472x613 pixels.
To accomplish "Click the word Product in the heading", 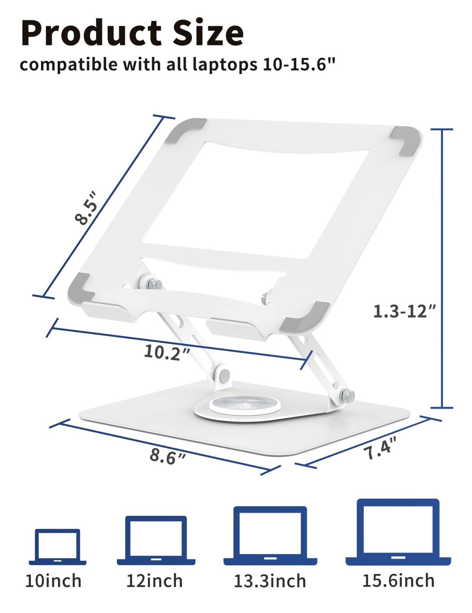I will (x=91, y=34).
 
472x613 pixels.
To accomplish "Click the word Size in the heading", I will (x=208, y=34).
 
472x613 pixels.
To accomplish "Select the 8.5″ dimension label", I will (x=86, y=208).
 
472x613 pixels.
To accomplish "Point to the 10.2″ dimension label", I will (x=167, y=352).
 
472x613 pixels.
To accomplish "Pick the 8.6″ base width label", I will (x=168, y=456).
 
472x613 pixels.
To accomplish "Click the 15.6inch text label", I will (x=398, y=581).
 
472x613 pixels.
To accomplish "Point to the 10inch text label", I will (x=53, y=581).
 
